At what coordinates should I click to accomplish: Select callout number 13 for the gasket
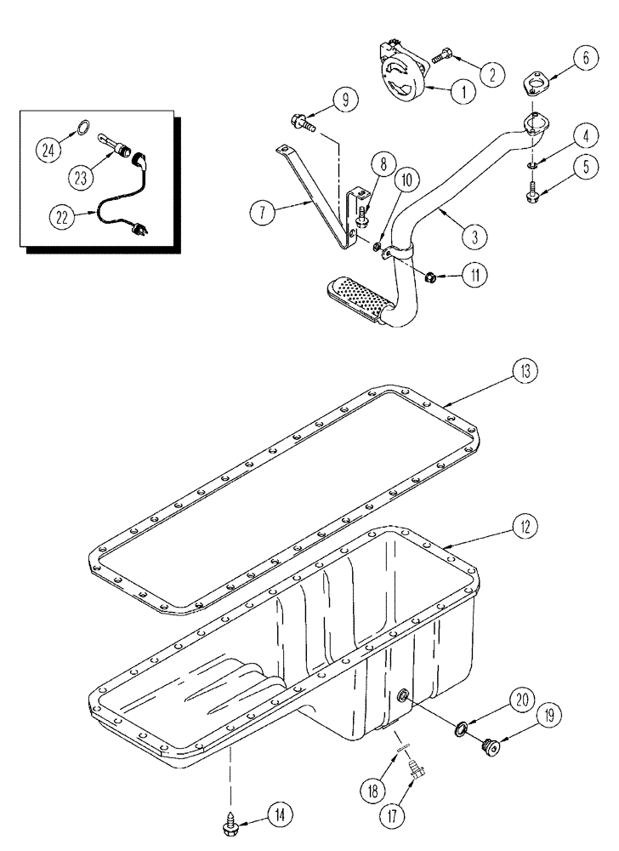(526, 372)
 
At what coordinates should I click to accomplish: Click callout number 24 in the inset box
(48, 151)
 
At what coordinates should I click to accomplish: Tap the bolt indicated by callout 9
(303, 122)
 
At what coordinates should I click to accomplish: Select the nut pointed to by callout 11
(430, 275)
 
